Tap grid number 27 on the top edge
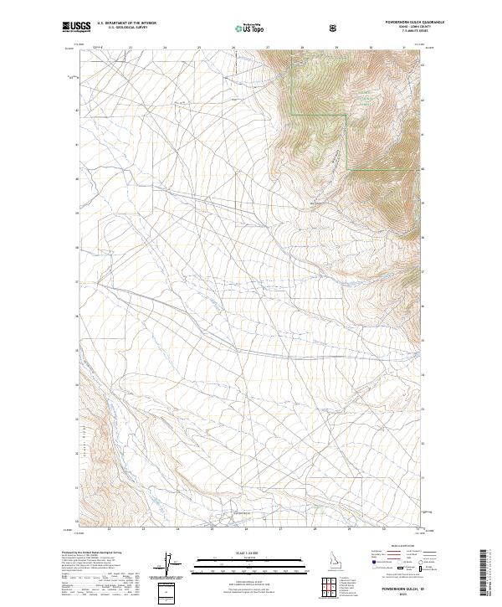[268, 47]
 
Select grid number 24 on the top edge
[165, 47]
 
